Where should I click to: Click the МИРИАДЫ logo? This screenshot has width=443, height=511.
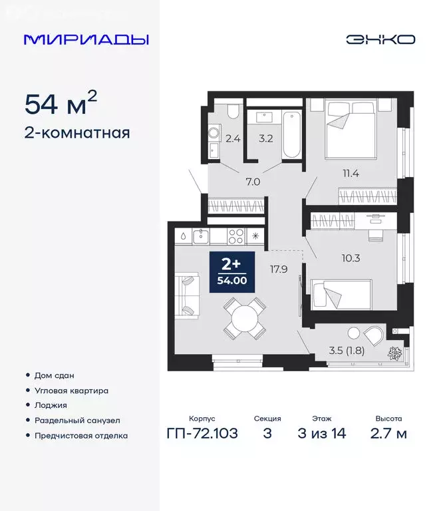point(86,39)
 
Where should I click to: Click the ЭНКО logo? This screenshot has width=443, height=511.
point(380,39)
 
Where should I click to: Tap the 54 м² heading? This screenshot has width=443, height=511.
point(61,103)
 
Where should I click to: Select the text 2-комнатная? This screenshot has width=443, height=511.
point(77,133)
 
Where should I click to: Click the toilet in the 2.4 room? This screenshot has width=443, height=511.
point(232,111)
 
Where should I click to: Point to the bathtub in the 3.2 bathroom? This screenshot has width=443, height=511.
point(291,135)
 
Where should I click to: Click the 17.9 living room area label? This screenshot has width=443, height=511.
point(279,269)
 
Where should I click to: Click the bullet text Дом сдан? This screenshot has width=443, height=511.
point(51,375)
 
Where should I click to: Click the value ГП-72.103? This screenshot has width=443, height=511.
point(202,434)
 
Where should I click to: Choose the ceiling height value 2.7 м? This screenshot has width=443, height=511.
point(389,434)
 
